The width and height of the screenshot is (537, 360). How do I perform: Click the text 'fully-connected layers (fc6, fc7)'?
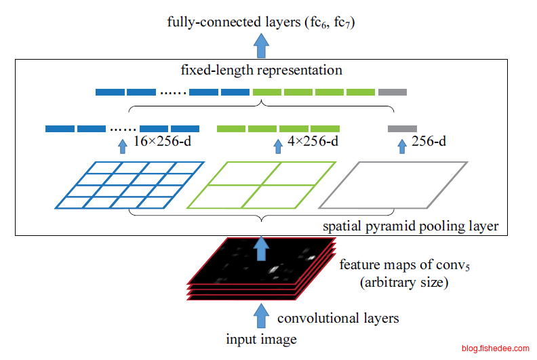point(262,22)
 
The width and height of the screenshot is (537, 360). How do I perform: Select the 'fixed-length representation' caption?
point(262,70)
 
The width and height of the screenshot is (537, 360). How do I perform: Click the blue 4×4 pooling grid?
point(130,184)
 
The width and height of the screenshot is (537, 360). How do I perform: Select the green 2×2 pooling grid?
point(262,184)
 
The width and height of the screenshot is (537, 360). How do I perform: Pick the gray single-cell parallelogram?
point(393,184)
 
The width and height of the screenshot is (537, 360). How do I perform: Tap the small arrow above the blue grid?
point(122,144)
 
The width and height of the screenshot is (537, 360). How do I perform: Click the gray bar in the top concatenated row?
point(393,92)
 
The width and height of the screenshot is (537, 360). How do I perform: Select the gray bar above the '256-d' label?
point(402,128)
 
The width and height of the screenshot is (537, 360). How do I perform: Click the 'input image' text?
point(261,338)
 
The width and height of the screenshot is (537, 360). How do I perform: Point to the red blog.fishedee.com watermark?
point(495,348)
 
